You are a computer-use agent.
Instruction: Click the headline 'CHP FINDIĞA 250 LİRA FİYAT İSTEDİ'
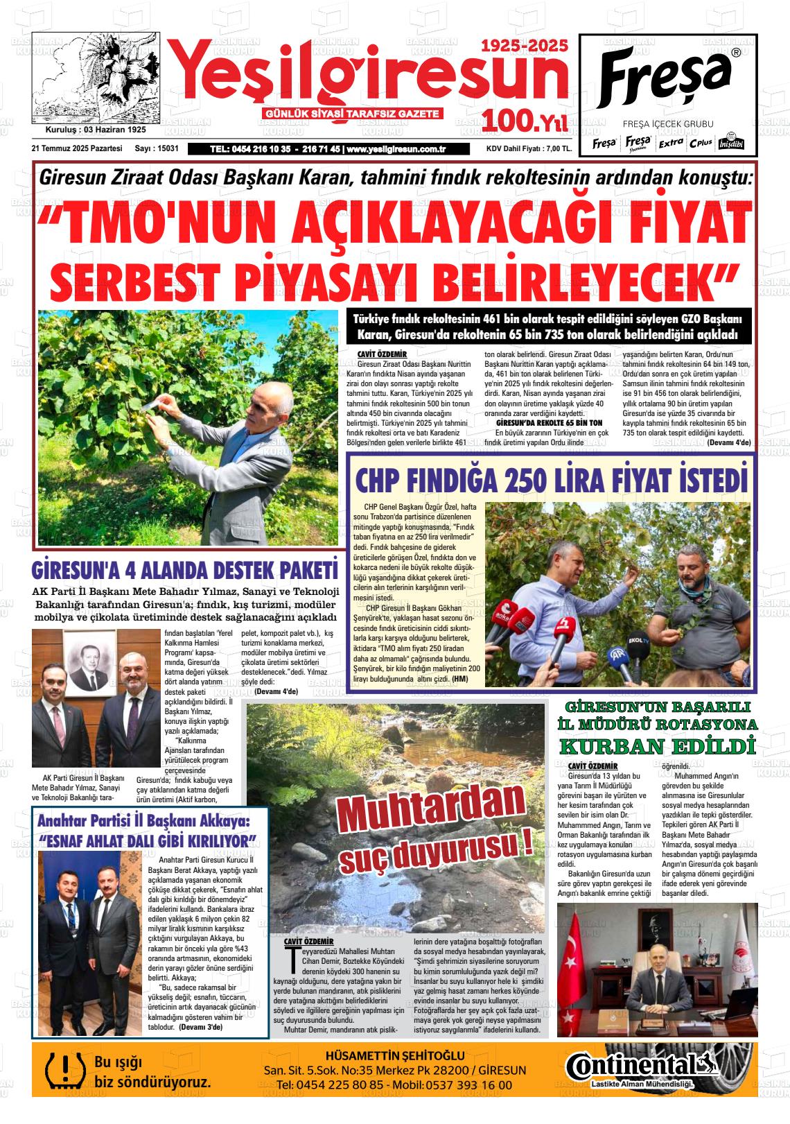[552, 480]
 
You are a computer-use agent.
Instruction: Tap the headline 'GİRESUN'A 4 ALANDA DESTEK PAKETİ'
[184, 570]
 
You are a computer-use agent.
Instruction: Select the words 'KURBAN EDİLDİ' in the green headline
[656, 747]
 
